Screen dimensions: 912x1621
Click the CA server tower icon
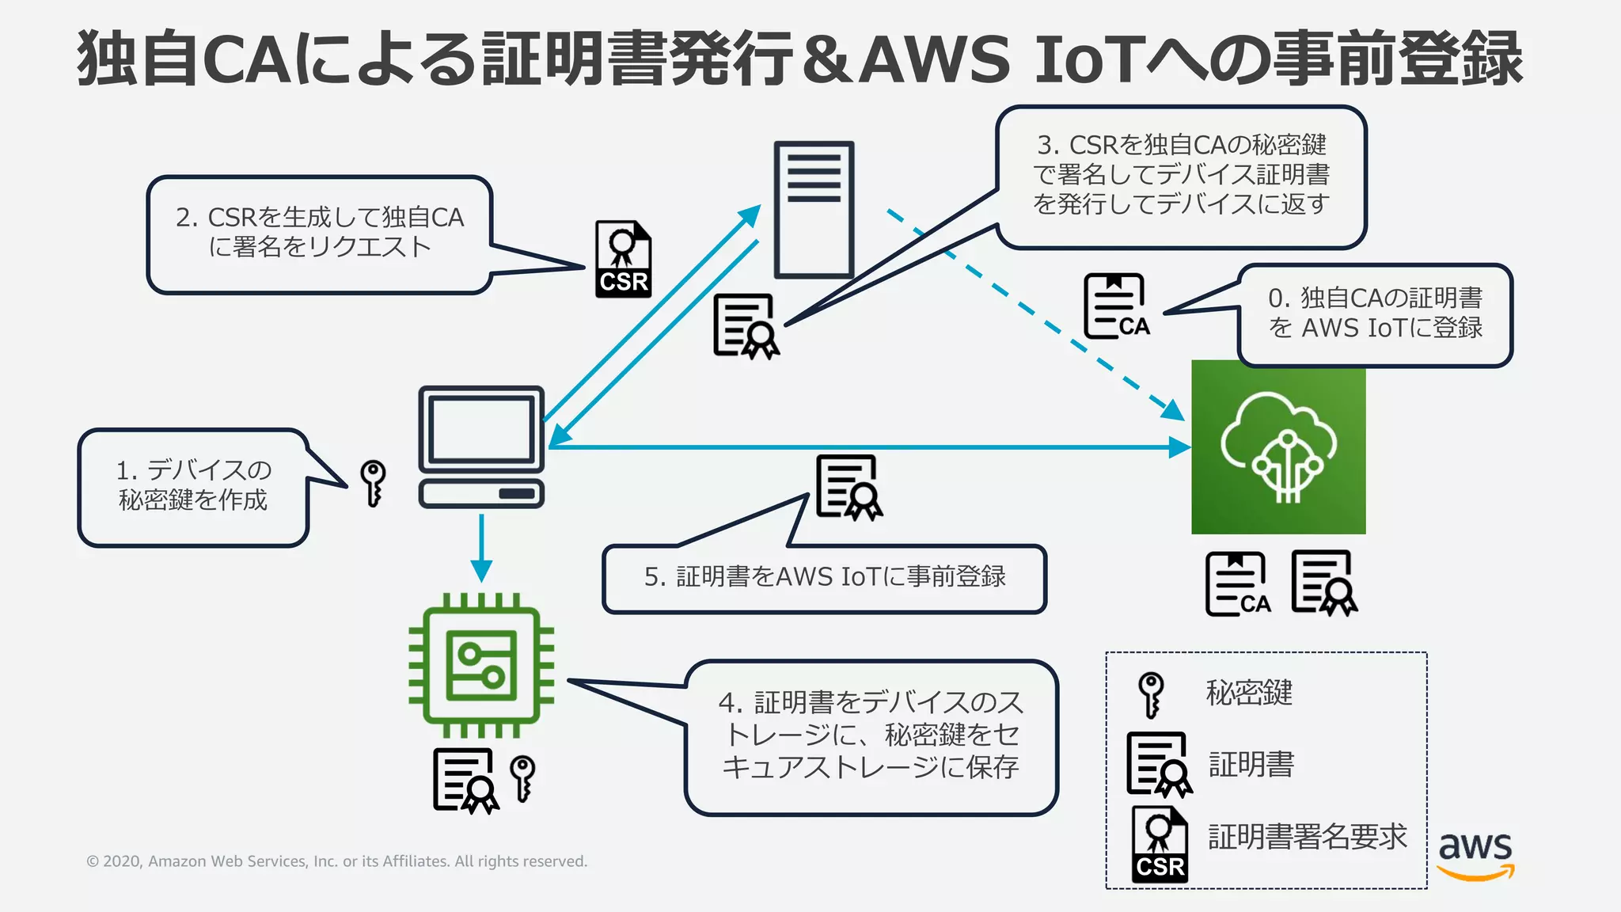point(814,210)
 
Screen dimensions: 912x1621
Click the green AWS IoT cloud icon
point(1278,446)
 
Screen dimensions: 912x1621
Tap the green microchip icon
point(481,665)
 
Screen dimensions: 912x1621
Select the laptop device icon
point(481,446)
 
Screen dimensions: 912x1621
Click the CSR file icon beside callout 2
point(623,260)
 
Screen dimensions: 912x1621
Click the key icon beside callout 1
point(372,482)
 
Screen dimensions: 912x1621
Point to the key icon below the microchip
point(522,777)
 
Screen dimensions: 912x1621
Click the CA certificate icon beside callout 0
point(1116,307)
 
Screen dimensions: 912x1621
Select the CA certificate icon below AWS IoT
point(1237,584)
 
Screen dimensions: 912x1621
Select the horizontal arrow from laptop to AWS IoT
point(871,447)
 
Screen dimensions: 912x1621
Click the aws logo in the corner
point(1475,855)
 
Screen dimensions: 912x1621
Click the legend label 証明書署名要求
point(1307,837)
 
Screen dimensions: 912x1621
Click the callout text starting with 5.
point(825,577)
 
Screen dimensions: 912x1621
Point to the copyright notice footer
point(336,861)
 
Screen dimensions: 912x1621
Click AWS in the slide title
point(935,59)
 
